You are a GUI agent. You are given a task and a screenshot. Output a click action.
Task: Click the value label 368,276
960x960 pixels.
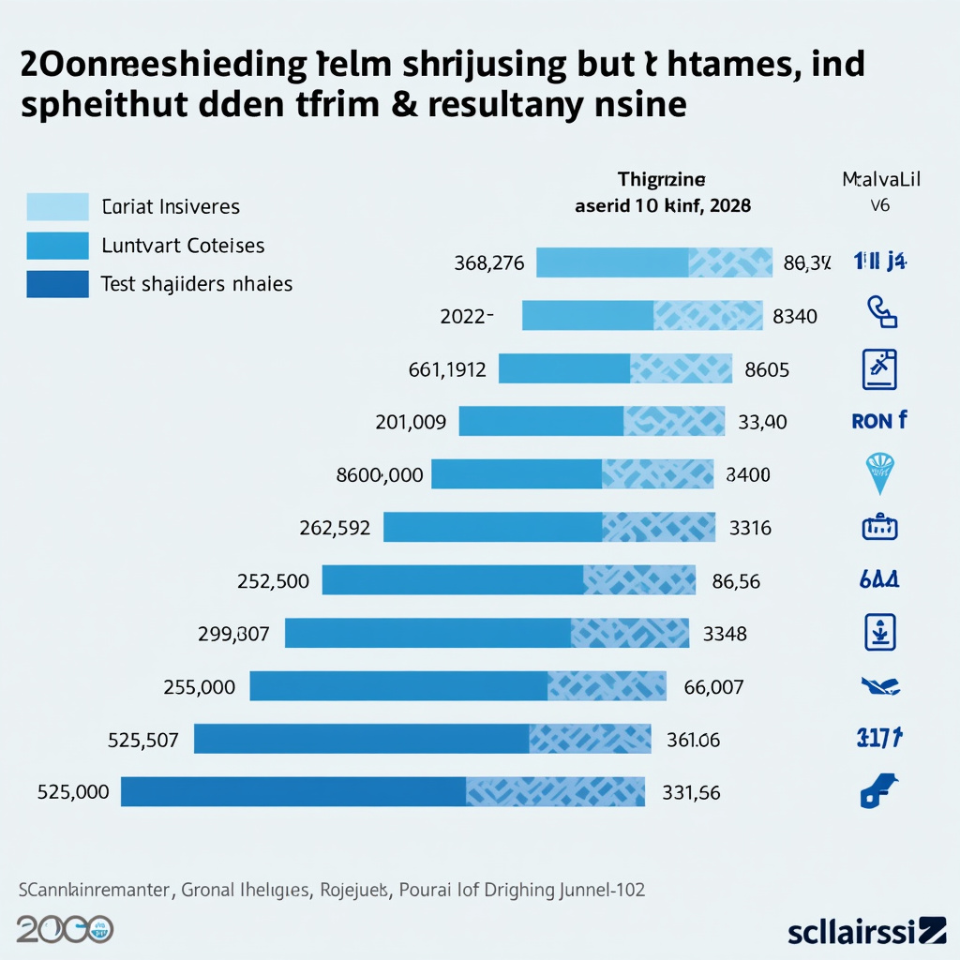pyautogui.click(x=488, y=263)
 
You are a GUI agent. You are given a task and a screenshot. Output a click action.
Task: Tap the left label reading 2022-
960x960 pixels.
pyautogui.click(x=467, y=316)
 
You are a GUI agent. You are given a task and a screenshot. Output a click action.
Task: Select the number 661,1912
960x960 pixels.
pyautogui.click(x=447, y=369)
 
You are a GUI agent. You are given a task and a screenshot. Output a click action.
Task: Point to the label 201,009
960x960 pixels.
pyautogui.click(x=411, y=422)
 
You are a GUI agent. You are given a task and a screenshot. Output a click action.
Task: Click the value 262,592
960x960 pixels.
pyautogui.click(x=335, y=528)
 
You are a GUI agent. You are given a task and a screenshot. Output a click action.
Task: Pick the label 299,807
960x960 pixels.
pyautogui.click(x=233, y=634)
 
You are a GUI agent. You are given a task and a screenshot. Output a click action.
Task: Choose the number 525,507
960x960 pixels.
pyautogui.click(x=143, y=740)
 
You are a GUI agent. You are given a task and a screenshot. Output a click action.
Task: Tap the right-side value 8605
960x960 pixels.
pyautogui.click(x=767, y=369)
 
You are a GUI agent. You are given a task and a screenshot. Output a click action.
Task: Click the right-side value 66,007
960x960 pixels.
pyautogui.click(x=713, y=687)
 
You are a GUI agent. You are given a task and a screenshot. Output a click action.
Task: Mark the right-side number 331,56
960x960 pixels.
pyautogui.click(x=691, y=792)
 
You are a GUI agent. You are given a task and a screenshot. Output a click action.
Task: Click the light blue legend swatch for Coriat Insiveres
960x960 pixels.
pyautogui.click(x=57, y=206)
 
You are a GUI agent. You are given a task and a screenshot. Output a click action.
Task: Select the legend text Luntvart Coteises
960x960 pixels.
pyautogui.click(x=183, y=246)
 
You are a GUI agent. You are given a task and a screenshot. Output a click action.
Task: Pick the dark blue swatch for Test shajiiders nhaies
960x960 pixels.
pyautogui.click(x=57, y=284)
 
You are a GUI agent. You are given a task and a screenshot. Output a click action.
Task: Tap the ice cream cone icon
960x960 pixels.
pyautogui.click(x=879, y=472)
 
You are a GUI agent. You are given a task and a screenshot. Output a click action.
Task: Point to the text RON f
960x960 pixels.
pyautogui.click(x=878, y=421)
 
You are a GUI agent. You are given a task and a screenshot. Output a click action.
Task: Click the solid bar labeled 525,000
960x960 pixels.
pyautogui.click(x=293, y=791)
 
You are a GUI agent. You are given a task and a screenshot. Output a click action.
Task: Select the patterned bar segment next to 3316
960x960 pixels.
pyautogui.click(x=659, y=527)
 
